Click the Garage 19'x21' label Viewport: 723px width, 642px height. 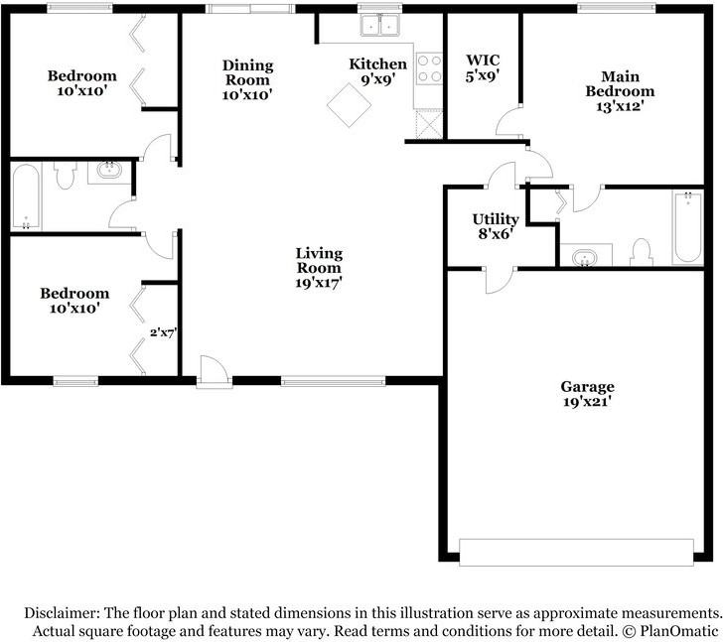587,394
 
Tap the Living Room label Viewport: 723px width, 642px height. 319,269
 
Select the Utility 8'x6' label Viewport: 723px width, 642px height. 495,226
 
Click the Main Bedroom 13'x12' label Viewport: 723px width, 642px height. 627,90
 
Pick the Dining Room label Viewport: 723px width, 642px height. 247,79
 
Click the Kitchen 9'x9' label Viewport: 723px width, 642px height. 378,71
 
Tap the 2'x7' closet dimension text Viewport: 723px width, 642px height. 162,333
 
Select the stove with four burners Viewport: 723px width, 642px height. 429,67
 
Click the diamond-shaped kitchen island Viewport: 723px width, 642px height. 349,104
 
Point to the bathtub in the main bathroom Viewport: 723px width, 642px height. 686,229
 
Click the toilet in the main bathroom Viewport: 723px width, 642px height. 641,253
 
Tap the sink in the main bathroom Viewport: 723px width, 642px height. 587,259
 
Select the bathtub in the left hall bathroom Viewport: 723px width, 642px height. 25,197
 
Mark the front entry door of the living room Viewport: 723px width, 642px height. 212,372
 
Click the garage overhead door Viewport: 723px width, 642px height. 576,552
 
